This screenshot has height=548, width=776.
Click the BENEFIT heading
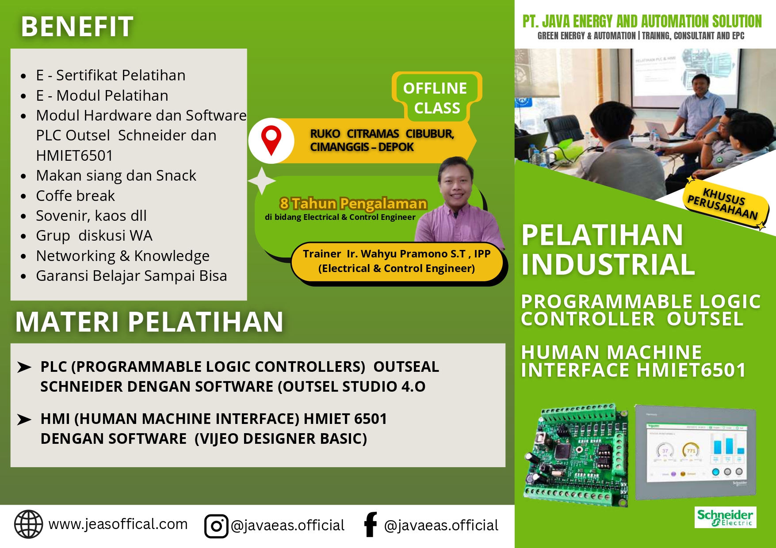point(77,26)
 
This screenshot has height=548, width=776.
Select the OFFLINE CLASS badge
point(436,98)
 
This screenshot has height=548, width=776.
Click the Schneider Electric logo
point(725,517)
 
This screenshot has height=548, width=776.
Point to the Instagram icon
point(216,526)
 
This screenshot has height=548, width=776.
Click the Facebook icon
point(370,525)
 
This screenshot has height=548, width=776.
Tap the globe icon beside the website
point(29,524)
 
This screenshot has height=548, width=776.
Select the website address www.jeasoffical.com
point(118,524)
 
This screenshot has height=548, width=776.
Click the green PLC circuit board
point(577,455)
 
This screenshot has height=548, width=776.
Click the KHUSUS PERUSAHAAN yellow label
point(723,204)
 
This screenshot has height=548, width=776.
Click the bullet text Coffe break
point(75,196)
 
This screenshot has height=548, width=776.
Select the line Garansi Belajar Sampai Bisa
point(131,276)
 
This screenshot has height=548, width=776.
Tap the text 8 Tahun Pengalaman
point(353,204)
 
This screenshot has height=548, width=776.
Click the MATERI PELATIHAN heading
point(149,322)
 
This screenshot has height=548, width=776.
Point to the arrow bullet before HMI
point(24,419)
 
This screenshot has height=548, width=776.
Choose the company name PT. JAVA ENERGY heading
point(642,21)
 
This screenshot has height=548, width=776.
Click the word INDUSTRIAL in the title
point(608,265)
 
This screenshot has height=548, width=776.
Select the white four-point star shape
point(262,181)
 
